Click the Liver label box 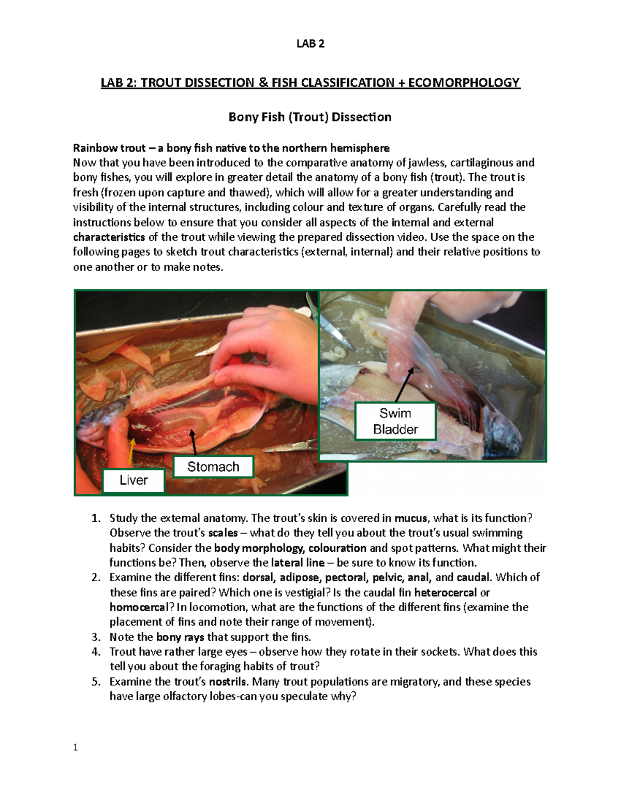pos(134,480)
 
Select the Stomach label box pos(213,466)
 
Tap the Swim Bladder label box pos(395,421)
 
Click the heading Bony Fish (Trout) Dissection pos(310,117)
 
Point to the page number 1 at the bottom pos(76,747)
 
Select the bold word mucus pos(411,518)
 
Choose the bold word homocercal pos(139,607)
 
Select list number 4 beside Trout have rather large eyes pos(96,652)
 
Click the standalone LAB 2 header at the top pos(310,43)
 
